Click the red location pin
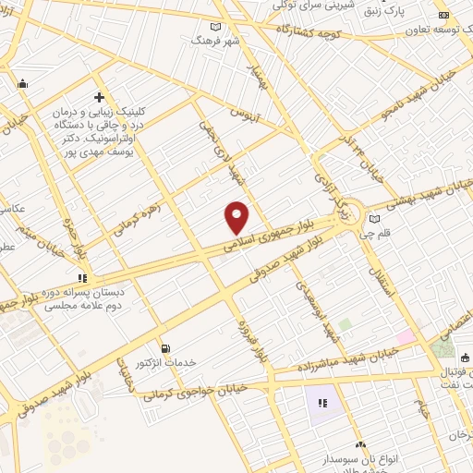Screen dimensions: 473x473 [x=237, y=217]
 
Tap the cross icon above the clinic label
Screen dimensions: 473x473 [x=98, y=97]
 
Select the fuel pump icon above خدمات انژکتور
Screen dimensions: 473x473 [x=165, y=348]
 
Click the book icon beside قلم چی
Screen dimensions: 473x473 [x=373, y=219]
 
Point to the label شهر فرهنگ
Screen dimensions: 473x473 [x=214, y=40]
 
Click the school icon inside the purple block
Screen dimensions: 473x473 [x=322, y=403]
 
